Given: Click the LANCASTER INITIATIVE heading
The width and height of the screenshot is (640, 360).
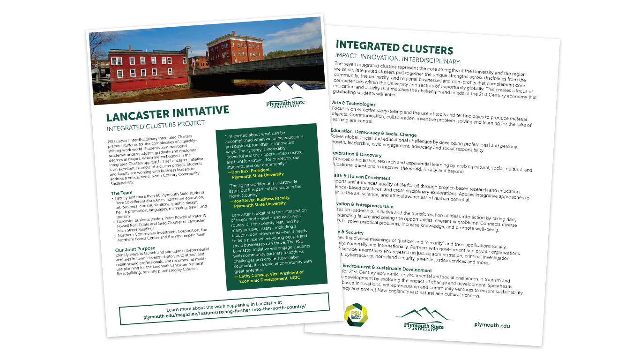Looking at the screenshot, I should tap(167, 114).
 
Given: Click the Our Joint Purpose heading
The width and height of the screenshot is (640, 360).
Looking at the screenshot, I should tap(136, 249).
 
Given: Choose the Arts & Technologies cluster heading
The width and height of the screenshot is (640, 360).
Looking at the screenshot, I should tap(354, 104).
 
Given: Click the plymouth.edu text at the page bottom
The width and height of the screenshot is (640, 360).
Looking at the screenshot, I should tap(492, 325).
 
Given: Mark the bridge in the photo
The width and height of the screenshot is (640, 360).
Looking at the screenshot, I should tap(262, 68).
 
